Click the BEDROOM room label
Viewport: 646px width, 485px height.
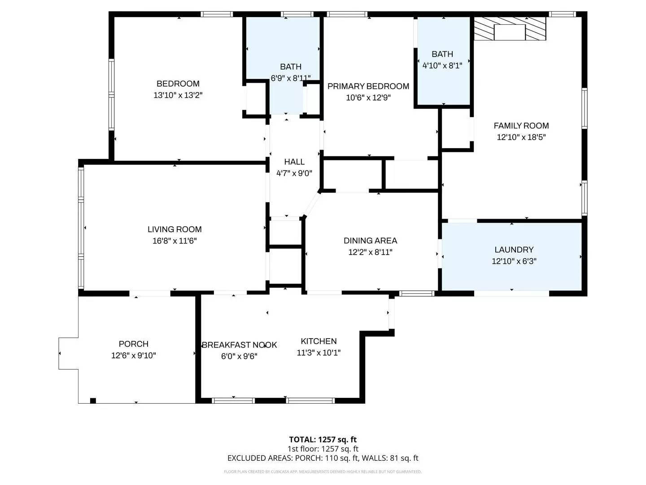[178, 84]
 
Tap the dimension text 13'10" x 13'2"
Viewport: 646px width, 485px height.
[178, 95]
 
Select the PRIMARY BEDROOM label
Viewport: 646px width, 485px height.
[368, 86]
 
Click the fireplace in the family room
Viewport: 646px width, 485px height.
[510, 30]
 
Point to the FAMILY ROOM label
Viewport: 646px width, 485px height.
[521, 126]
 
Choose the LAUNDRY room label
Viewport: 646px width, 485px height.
[514, 250]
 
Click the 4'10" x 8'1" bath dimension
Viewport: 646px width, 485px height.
[442, 66]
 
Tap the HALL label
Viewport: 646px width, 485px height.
[294, 162]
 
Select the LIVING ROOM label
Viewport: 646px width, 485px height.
[175, 229]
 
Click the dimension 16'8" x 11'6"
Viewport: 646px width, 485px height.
[175, 241]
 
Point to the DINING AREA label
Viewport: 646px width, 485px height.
[370, 241]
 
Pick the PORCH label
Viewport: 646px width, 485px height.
[133, 344]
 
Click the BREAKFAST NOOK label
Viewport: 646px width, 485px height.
[239, 345]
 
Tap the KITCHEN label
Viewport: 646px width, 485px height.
[319, 341]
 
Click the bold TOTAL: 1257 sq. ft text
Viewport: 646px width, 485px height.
[323, 440]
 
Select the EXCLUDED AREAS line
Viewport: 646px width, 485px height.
[323, 458]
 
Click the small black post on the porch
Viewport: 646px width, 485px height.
[93, 401]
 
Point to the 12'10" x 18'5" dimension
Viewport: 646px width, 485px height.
[521, 137]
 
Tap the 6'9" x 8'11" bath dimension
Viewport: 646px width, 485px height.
[290, 78]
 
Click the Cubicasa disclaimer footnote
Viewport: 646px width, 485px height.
[323, 472]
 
